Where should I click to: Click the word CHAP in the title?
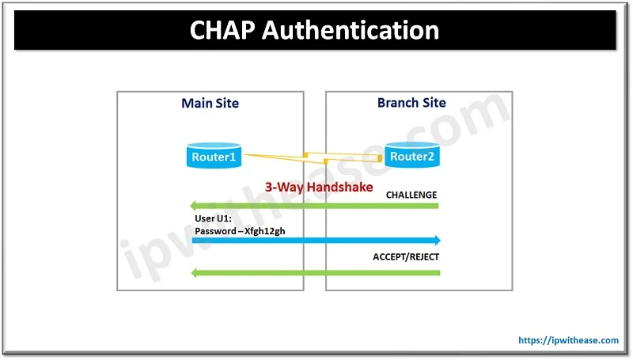222,30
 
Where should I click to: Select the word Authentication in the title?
351,30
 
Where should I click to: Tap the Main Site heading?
210,104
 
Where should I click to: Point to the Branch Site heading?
411,103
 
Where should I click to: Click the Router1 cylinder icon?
214,155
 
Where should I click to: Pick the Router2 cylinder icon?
411,155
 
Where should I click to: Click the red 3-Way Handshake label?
319,188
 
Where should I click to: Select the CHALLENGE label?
411,195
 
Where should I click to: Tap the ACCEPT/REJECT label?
406,257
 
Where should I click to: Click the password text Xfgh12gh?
265,231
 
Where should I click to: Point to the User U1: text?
213,218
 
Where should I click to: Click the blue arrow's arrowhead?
437,241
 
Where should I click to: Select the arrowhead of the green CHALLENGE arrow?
194,206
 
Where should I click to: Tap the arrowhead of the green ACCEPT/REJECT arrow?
195,273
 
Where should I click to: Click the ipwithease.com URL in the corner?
568,340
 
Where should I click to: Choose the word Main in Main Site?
196,104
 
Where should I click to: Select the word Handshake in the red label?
340,188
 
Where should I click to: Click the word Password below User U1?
215,231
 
